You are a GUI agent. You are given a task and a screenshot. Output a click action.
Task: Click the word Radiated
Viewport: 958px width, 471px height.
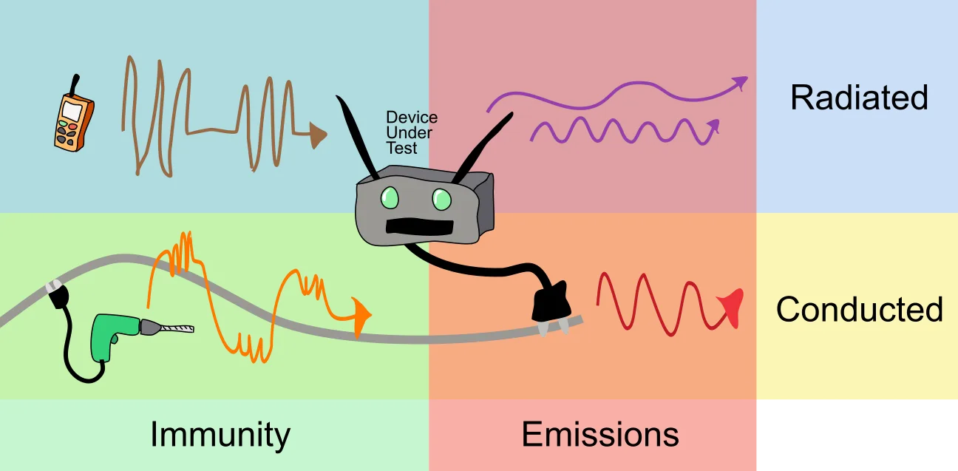859,98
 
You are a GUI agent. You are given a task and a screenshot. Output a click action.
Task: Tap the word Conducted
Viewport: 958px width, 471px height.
860,309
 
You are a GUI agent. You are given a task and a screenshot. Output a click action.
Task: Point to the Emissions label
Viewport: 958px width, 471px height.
600,435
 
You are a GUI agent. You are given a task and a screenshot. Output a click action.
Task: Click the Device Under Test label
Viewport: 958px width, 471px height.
412,132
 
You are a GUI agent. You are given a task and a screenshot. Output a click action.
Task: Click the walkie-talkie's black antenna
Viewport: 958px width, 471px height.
75,85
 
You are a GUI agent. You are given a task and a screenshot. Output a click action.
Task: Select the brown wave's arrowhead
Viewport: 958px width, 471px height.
318,135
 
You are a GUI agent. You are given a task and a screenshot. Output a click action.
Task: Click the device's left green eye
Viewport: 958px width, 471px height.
390,198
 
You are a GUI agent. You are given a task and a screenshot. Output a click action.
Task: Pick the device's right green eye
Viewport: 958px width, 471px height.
442,200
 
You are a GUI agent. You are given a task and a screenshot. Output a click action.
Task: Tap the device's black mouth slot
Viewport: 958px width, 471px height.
420,227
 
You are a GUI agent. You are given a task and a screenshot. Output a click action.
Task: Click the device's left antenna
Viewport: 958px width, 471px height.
357,137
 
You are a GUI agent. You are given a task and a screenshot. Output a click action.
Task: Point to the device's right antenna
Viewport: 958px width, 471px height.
483,148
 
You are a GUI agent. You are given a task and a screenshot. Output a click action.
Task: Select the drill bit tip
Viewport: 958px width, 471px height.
191,329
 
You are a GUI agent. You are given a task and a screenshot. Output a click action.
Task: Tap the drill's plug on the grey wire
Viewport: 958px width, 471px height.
58,294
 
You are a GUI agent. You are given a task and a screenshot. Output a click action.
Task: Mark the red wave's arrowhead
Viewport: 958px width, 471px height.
733,307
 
